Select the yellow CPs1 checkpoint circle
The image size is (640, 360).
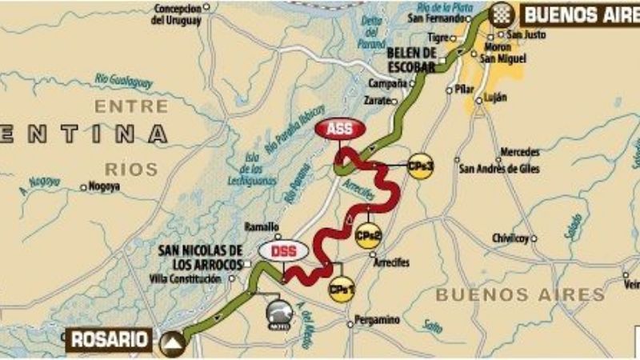(341, 289)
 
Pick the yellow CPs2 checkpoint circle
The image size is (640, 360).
(367, 236)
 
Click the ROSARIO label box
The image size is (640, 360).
(110, 338)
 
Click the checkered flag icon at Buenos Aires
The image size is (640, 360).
(501, 15)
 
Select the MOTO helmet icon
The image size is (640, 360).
(279, 314)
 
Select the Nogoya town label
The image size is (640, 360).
(104, 186)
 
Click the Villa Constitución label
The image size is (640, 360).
(185, 278)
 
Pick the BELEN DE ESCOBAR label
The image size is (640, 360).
(410, 59)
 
